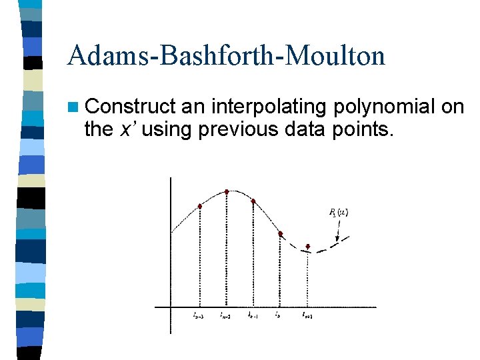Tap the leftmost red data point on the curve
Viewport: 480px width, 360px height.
[x=200, y=206]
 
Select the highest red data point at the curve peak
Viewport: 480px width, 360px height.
[x=227, y=191]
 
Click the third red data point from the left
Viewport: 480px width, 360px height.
[x=253, y=201]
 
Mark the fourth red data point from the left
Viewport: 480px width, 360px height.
[x=281, y=234]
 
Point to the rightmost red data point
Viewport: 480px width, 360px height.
[x=307, y=247]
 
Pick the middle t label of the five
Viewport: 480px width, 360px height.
[x=253, y=315]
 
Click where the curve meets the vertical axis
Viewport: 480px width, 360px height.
[x=171, y=231]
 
